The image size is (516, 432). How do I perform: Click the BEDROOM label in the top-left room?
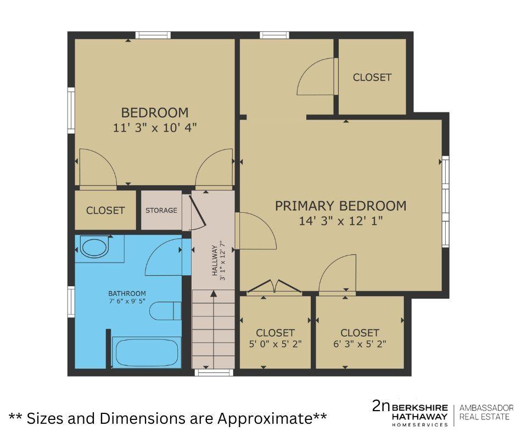[x=154, y=112]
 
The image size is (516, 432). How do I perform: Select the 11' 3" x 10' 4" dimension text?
[x=154, y=128]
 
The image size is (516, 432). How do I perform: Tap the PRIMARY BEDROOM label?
[x=340, y=206]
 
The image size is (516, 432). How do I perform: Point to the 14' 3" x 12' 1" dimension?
[x=340, y=221]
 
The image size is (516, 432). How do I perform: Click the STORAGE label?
[x=161, y=210]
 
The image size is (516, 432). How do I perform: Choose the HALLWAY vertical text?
[x=219, y=261]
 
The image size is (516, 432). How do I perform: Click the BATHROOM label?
[x=127, y=293]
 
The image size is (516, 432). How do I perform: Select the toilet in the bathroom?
[x=165, y=310]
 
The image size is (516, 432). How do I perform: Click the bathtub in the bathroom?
[x=146, y=352]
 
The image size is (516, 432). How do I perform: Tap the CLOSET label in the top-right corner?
[x=372, y=77]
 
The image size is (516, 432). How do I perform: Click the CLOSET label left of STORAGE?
[x=105, y=210]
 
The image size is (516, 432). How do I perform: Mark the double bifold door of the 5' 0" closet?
[x=273, y=286]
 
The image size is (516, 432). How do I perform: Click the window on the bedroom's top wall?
[x=153, y=35]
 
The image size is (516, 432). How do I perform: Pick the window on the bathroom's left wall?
[x=71, y=302]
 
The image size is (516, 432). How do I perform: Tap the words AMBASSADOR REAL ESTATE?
[x=486, y=412]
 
